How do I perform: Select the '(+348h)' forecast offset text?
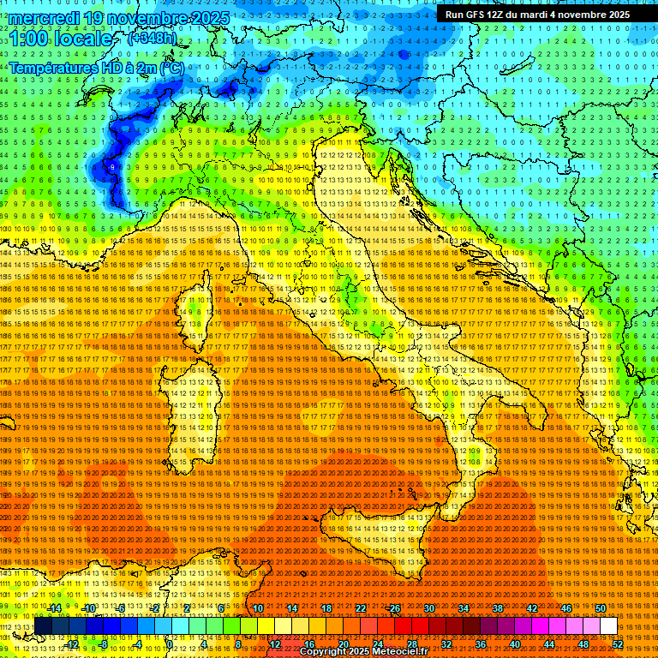[x=153, y=38]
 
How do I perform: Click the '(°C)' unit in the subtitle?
[x=170, y=67]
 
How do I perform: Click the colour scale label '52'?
[x=618, y=644]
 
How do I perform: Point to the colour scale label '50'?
[x=601, y=608]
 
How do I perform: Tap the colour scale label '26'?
[x=394, y=608]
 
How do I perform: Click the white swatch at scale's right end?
[x=608, y=626]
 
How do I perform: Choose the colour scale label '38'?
[x=498, y=608]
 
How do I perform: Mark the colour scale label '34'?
[x=464, y=608]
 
